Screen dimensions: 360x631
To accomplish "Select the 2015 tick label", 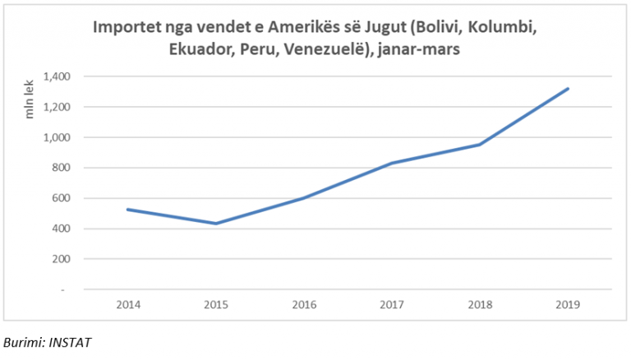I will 215,305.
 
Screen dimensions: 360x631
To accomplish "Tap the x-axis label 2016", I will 303,305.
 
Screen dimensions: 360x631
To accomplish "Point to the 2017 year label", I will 392,305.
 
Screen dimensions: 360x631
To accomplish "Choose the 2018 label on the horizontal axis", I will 480,305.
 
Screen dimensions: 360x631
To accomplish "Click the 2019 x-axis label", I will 568,305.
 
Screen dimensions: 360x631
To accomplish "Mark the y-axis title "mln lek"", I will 30,98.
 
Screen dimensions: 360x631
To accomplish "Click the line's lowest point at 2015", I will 215,224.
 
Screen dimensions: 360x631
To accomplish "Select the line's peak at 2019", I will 568,89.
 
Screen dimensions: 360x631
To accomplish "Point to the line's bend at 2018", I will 480,145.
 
